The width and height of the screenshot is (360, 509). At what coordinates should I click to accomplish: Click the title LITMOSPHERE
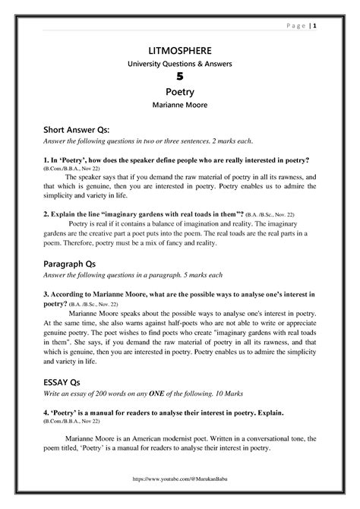[180, 50]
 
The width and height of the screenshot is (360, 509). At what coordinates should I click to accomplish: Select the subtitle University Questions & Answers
[180, 64]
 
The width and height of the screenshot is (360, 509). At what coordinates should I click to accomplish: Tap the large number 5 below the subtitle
[180, 77]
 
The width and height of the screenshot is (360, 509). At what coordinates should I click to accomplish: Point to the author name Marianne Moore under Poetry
[180, 105]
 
